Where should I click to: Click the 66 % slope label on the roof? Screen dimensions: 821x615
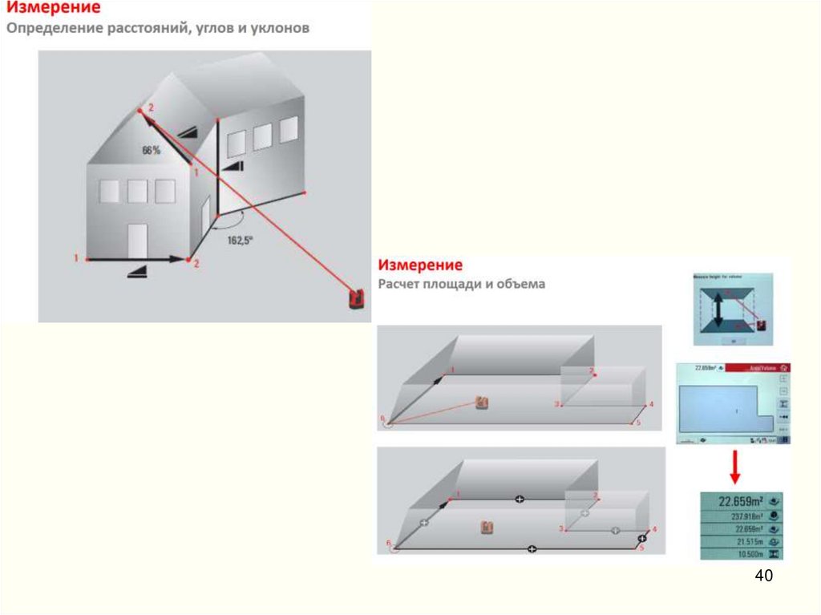pos(151,150)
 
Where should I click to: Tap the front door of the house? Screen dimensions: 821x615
pos(138,241)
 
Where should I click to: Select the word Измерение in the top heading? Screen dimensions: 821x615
pos(54,10)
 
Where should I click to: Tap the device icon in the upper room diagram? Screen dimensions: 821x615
pos(482,402)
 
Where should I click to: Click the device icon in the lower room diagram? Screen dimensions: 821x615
pos(486,528)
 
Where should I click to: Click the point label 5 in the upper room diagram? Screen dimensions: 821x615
pos(637,422)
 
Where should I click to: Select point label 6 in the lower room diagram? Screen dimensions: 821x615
pos(389,544)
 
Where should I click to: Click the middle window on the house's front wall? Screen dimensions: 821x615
pos(137,191)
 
